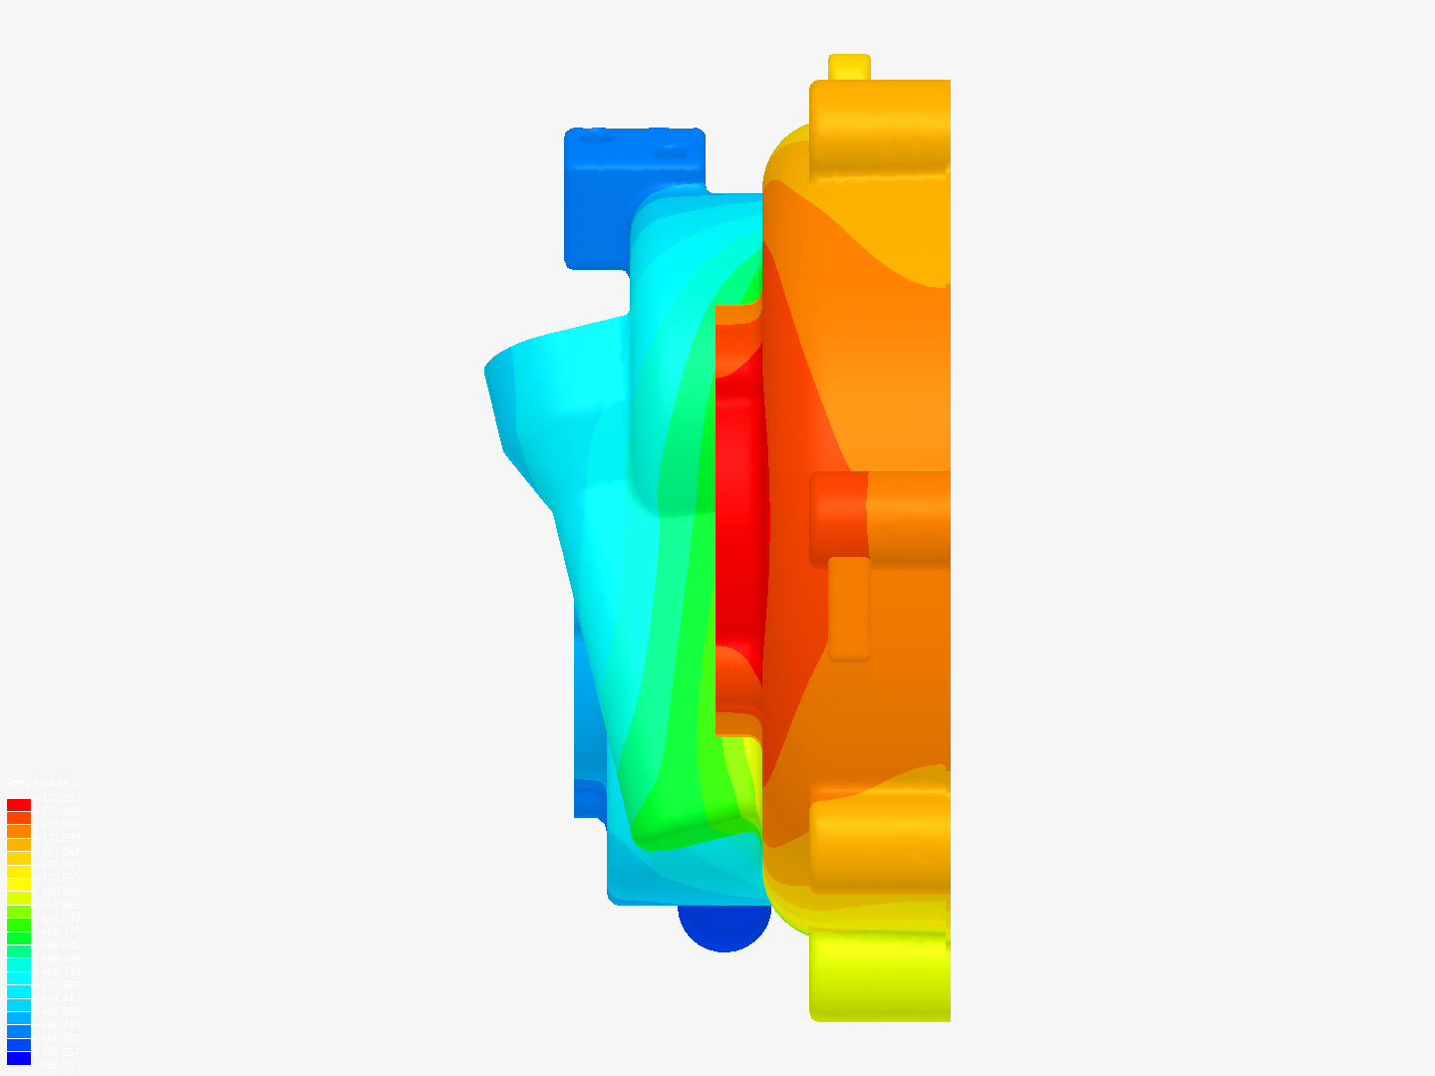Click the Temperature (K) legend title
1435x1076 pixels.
(46, 783)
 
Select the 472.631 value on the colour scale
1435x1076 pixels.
(60, 799)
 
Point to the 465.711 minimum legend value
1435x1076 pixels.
(60, 1065)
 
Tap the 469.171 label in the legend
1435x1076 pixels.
(60, 933)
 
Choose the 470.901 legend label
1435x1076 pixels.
(60, 866)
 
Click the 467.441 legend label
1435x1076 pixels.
(60, 998)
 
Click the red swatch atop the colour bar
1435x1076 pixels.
(19, 805)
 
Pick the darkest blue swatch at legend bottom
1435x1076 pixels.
(19, 1058)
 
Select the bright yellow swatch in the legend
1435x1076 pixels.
(19, 885)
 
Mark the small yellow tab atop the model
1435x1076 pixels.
(849, 67)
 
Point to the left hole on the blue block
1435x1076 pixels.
(596, 137)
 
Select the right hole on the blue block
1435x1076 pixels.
(671, 152)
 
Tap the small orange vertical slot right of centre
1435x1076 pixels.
(849, 608)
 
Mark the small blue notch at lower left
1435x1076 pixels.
(589, 798)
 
